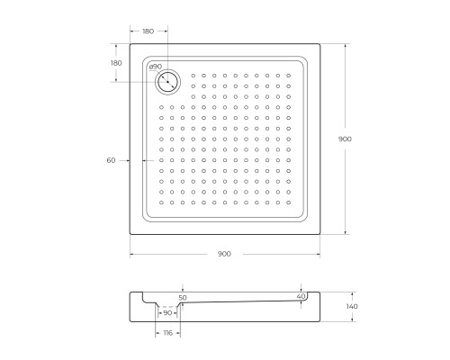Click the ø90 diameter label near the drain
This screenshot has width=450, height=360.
(156, 67)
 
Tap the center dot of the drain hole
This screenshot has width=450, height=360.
(168, 82)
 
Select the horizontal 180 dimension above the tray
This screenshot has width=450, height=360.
(148, 31)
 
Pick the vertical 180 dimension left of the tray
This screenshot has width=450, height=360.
(116, 63)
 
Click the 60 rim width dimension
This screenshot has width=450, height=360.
(111, 160)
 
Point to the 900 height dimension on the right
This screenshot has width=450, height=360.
(345, 139)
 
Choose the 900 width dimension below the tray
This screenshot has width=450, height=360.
(224, 254)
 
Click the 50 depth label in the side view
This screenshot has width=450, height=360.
(183, 298)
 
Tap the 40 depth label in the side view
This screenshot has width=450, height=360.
(301, 296)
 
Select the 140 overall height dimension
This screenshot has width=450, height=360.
(352, 306)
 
